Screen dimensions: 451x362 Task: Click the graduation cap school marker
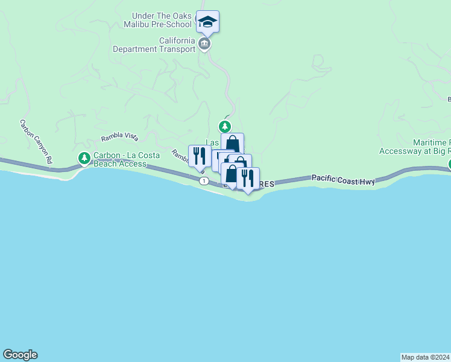pyautogui.click(x=207, y=22)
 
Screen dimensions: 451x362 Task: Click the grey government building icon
pyautogui.click(x=204, y=44)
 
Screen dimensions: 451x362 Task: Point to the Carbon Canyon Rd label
pyautogui.click(x=36, y=142)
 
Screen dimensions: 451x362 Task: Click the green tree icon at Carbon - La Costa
pyautogui.click(x=84, y=159)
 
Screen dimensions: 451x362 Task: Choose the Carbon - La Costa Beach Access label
pyautogui.click(x=126, y=159)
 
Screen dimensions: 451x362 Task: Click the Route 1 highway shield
pyautogui.click(x=204, y=181)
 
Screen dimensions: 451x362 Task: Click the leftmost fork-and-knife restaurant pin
pyautogui.click(x=200, y=156)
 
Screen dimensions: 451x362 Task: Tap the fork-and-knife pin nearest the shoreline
pyautogui.click(x=248, y=179)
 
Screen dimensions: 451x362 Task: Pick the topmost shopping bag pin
pyautogui.click(x=232, y=144)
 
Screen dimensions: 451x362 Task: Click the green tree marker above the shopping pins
pyautogui.click(x=225, y=127)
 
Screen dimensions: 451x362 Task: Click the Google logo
pyautogui.click(x=20, y=355)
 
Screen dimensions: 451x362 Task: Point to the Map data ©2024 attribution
pyautogui.click(x=425, y=357)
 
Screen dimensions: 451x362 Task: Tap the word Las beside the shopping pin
pyautogui.click(x=212, y=142)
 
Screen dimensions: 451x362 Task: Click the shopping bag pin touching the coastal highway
pyautogui.click(x=231, y=174)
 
